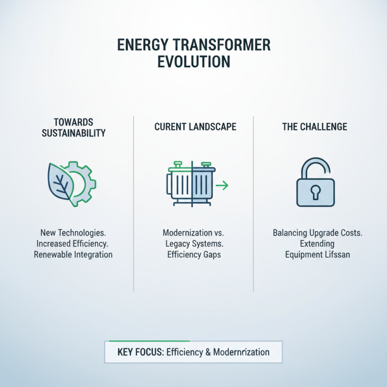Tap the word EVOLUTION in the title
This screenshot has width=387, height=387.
(x=193, y=62)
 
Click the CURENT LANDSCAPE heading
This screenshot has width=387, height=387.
(x=195, y=127)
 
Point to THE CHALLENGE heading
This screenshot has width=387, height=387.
(x=314, y=127)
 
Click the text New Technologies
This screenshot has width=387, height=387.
(x=73, y=233)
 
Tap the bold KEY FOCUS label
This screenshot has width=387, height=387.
(x=139, y=352)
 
